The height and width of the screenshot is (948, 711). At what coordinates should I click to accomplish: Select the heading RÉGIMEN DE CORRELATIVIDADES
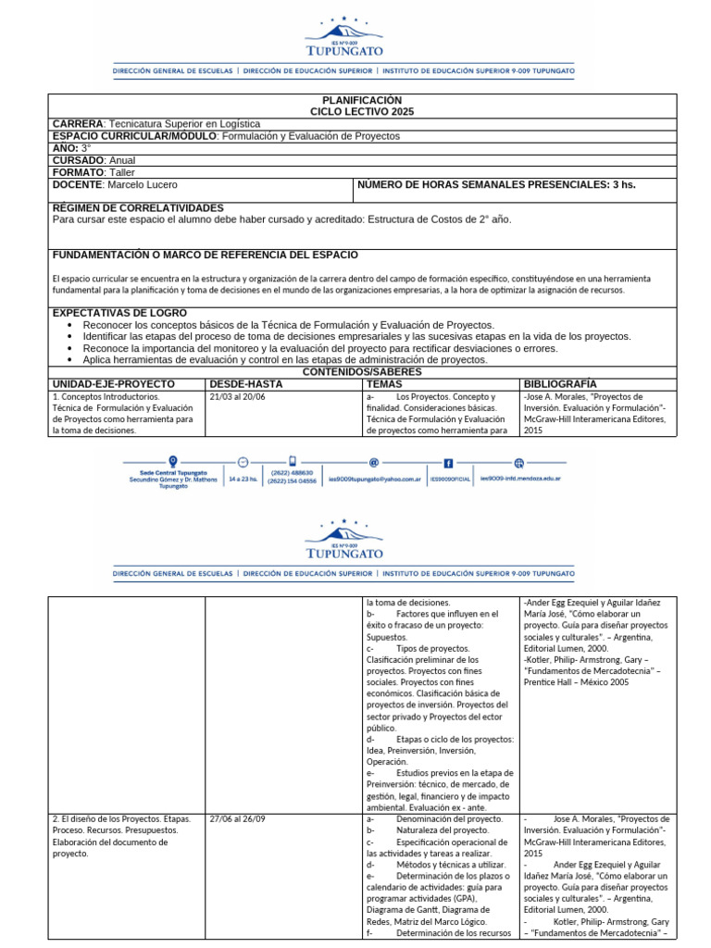tap(138, 207)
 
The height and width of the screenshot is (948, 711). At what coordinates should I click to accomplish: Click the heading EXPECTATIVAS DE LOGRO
tap(119, 313)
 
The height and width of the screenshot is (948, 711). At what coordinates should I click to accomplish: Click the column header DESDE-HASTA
tap(246, 383)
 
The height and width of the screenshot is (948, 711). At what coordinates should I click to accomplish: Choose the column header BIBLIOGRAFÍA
tap(560, 383)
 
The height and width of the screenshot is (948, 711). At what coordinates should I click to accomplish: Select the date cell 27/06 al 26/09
tap(239, 819)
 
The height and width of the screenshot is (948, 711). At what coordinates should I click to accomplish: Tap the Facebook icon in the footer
tap(448, 462)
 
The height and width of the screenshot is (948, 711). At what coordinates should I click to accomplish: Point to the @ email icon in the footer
tap(374, 462)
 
